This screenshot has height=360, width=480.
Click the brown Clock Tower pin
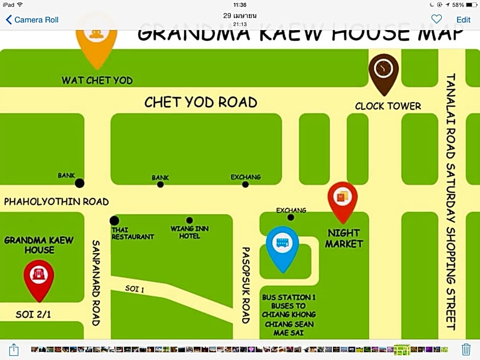[383, 71]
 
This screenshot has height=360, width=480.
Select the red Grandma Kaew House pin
[39, 277]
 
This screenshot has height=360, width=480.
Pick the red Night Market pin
[342, 199]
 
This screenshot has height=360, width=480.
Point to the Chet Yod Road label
[201, 102]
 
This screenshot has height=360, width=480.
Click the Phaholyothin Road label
[56, 202]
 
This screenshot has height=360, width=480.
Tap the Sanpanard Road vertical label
[96, 282]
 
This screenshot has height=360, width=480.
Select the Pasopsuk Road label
[246, 285]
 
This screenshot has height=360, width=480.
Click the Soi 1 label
[135, 289]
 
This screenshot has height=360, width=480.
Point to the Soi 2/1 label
[33, 315]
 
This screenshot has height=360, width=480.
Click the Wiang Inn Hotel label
[189, 232]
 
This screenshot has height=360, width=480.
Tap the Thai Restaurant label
[132, 233]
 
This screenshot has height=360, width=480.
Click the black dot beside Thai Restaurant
[114, 221]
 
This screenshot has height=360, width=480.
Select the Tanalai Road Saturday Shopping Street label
[450, 202]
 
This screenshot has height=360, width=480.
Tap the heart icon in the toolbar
[436, 19]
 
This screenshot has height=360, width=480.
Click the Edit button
[463, 19]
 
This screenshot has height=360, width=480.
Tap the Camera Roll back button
[32, 20]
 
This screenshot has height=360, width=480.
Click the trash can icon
[466, 350]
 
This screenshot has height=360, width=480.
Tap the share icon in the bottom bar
[14, 350]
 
